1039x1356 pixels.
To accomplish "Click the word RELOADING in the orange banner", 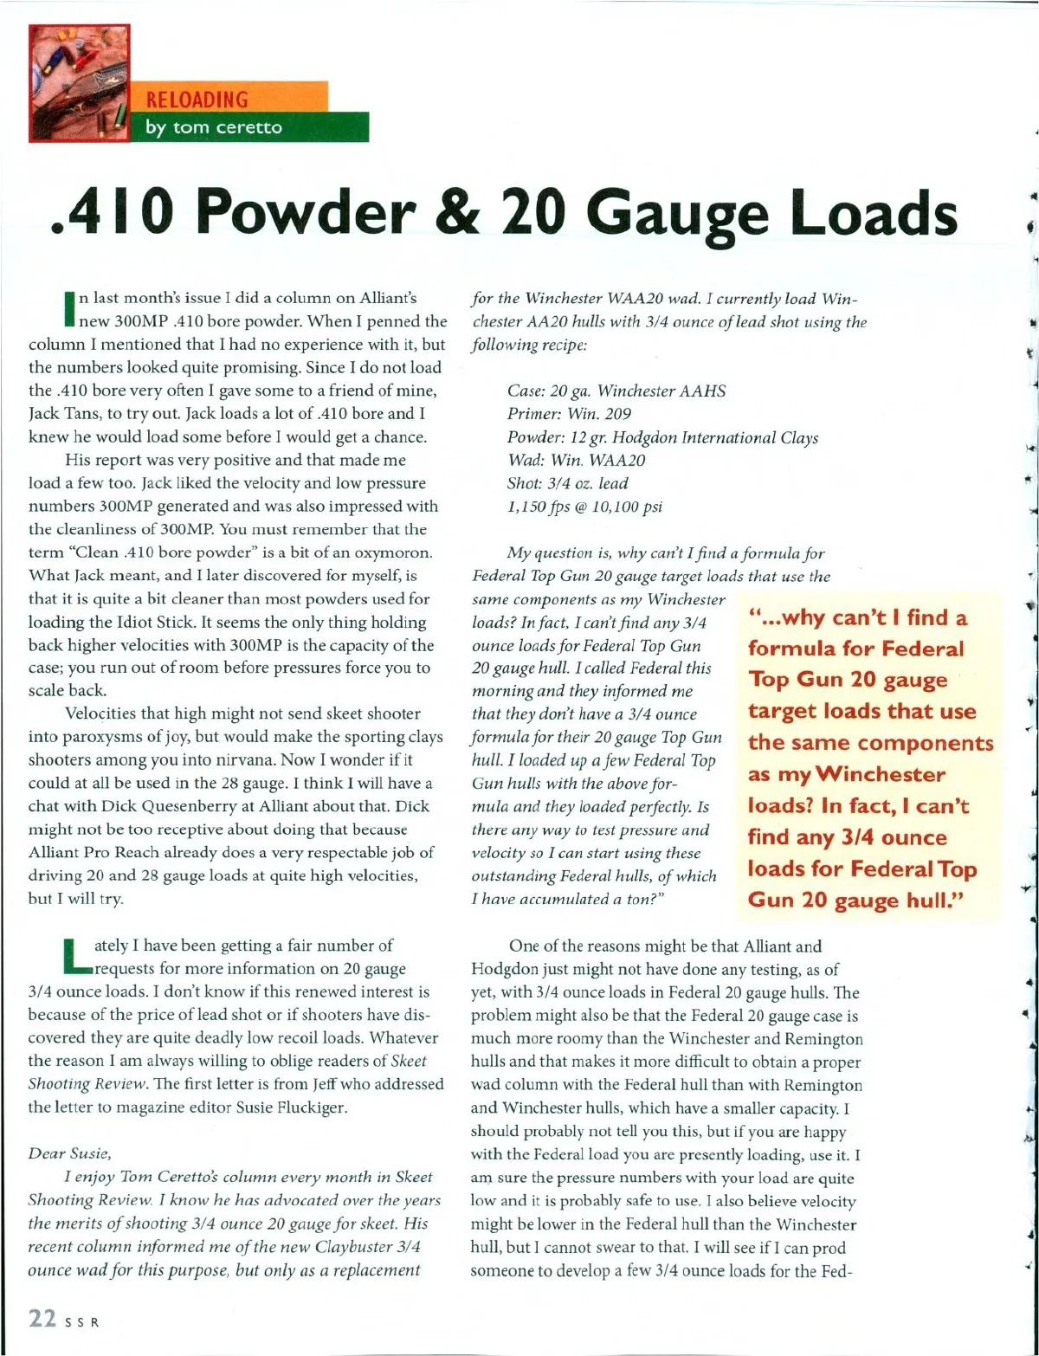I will click(199, 99).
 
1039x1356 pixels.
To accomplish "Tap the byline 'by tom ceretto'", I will click(213, 127).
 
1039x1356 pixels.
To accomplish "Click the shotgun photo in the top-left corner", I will click(79, 83).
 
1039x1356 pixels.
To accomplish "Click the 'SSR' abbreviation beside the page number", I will click(81, 1321).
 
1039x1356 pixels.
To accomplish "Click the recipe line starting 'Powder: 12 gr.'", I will click(662, 437).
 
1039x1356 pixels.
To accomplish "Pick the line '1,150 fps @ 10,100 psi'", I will click(584, 507).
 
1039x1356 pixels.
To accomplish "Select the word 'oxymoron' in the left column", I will click(380, 552).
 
